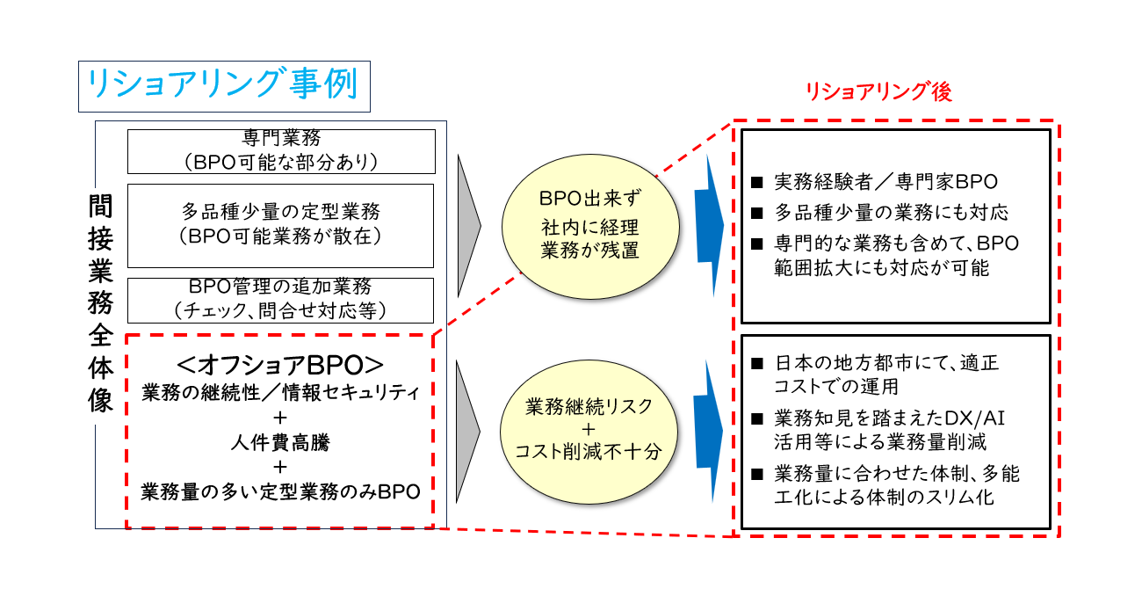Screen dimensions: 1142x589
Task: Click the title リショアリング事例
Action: point(222,84)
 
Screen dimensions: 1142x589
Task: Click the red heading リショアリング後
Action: point(878,92)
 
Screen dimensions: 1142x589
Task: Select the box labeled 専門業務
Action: point(281,151)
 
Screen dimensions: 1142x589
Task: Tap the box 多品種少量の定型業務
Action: point(280,226)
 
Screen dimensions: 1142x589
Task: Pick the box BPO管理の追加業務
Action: point(280,300)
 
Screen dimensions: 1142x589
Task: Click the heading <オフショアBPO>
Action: point(280,365)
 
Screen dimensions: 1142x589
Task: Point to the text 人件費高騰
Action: point(280,442)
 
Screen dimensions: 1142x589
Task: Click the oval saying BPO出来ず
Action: point(590,227)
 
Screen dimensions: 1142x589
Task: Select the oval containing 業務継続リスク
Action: point(589,432)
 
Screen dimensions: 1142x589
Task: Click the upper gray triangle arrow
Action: point(467,226)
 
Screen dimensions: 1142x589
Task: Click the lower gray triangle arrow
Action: point(466,432)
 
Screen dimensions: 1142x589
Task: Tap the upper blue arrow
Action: point(710,226)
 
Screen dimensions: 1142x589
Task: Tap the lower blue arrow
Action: point(709,432)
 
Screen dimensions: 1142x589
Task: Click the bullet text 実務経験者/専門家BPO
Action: point(885,182)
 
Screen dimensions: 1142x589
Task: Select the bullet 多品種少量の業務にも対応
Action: point(891,213)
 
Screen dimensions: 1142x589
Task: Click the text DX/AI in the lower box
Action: point(974,418)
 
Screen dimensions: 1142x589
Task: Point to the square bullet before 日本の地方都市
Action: point(757,363)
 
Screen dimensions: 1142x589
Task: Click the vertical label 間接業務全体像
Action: point(100,303)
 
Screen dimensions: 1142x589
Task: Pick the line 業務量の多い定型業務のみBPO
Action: point(280,491)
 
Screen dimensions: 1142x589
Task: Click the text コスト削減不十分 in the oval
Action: point(589,451)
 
